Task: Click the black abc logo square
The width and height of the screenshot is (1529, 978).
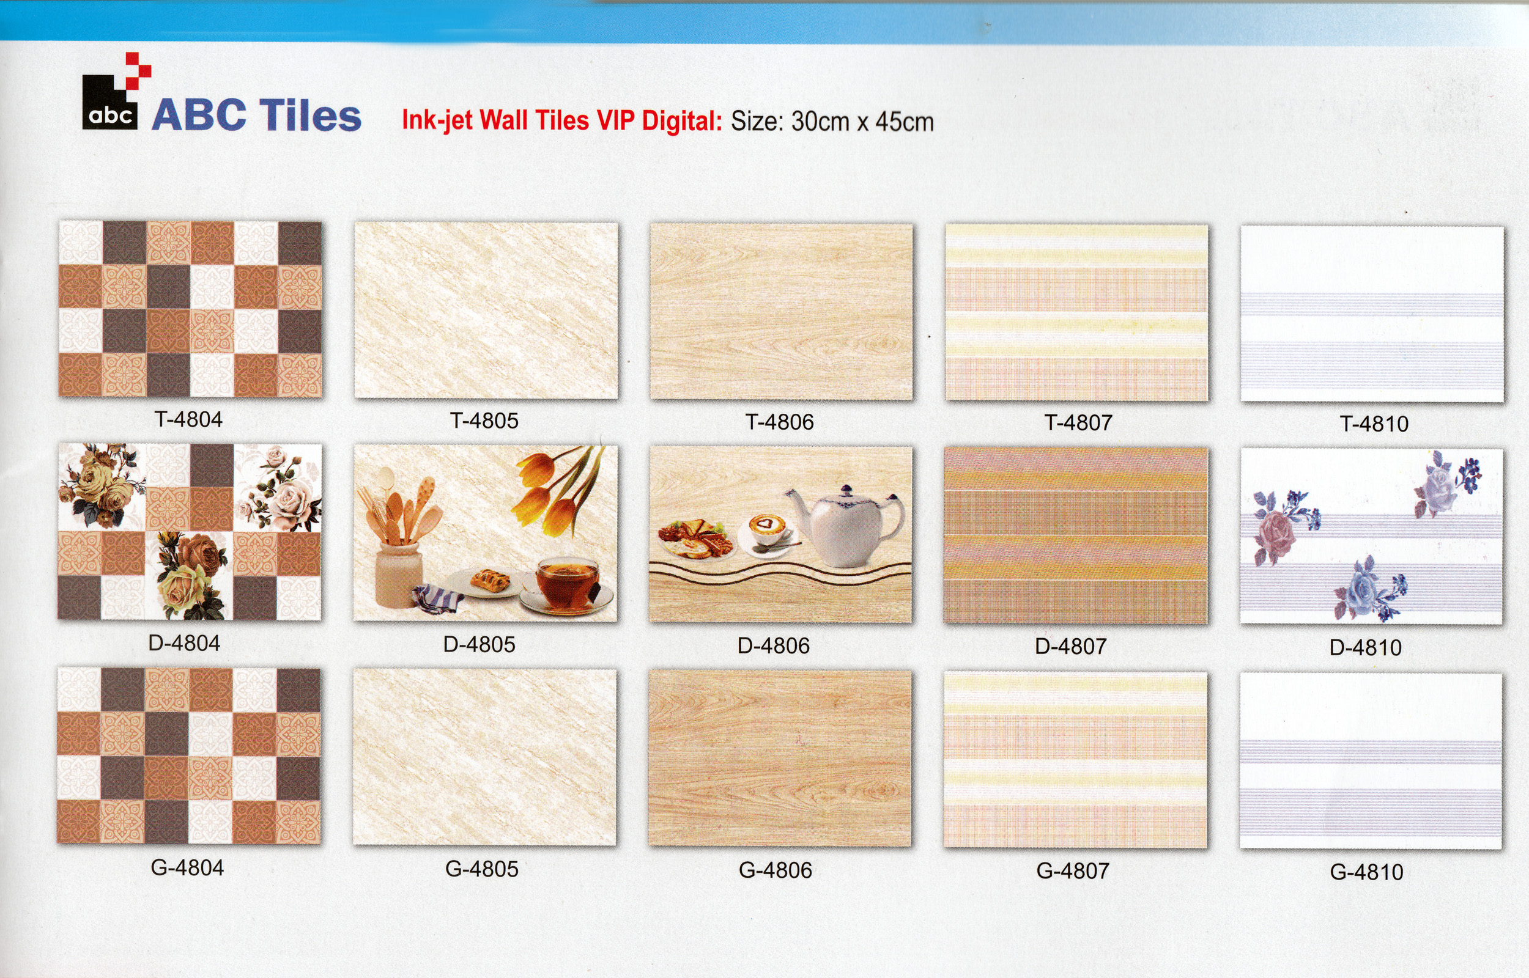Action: pyautogui.click(x=110, y=103)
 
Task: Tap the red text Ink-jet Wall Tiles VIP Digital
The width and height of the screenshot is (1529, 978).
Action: pyautogui.click(x=562, y=120)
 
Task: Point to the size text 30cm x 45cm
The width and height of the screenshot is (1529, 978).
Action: pyautogui.click(x=862, y=121)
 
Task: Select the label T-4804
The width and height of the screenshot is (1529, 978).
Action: pyautogui.click(x=188, y=419)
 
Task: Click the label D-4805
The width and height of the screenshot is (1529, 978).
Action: pyautogui.click(x=479, y=645)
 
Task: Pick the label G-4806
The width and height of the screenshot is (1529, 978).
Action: pyautogui.click(x=775, y=870)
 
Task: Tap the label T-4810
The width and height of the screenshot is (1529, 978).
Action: pyautogui.click(x=1374, y=424)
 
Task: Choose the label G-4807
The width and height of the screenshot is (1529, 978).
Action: pyautogui.click(x=1073, y=870)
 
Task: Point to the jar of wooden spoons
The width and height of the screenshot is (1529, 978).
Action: pyautogui.click(x=399, y=540)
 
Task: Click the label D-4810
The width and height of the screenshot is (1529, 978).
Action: pyautogui.click(x=1366, y=648)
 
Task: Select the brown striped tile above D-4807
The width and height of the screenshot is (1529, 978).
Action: pyautogui.click(x=1075, y=535)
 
